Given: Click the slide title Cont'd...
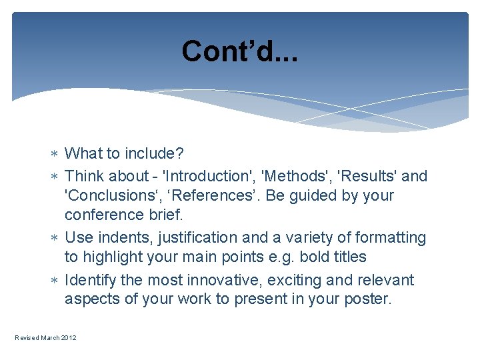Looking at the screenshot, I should pyautogui.click(x=239, y=51).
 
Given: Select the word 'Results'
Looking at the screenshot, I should pyautogui.click(x=368, y=176).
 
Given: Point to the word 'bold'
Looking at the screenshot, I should pyautogui.click(x=313, y=257).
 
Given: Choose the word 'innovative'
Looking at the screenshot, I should pyautogui.click(x=219, y=280).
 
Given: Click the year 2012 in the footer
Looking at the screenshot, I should pyautogui.click(x=69, y=338).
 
